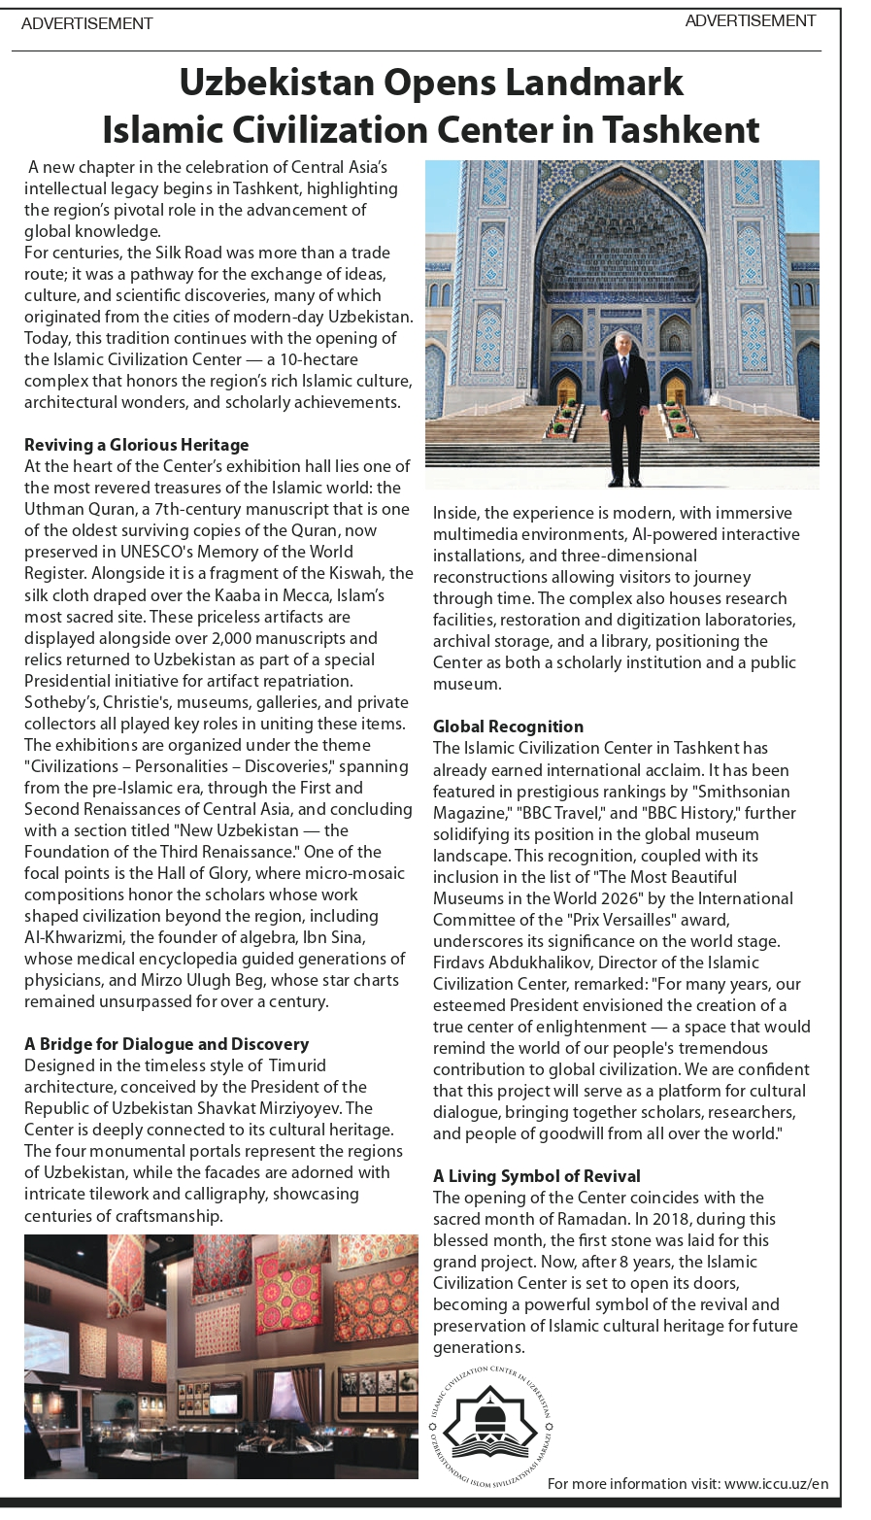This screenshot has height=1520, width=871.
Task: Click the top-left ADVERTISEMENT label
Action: point(86,23)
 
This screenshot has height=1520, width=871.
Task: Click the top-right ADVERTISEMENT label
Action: point(750,20)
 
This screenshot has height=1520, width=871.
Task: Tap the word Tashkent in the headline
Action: point(680,129)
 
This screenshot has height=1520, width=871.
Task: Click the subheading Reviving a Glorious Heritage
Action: point(137,445)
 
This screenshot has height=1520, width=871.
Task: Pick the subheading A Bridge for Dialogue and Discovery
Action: point(166,1044)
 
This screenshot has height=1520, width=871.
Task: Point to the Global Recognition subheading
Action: point(508,726)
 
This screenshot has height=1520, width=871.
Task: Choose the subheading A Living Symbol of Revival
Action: point(536,1176)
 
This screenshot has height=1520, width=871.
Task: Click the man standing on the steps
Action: point(623,408)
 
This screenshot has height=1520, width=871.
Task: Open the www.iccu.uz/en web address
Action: point(776,1483)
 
